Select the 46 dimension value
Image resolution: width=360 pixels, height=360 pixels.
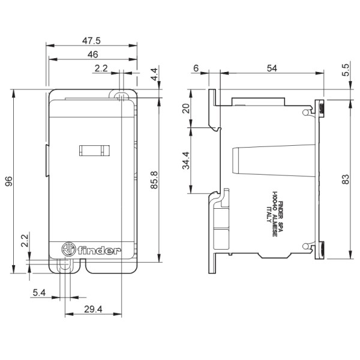tap(92, 55)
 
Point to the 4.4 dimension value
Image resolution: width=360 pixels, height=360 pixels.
tap(154, 75)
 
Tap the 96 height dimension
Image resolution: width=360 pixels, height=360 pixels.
tap(8, 181)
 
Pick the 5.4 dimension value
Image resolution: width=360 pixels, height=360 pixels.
tap(40, 292)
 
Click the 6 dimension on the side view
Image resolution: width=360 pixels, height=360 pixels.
tap(196, 69)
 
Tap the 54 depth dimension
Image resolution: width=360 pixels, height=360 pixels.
tap(272, 69)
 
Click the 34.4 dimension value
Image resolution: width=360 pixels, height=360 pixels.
tap(186, 161)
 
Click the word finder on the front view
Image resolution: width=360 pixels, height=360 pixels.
tap(101, 250)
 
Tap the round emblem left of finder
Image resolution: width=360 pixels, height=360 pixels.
tap(70, 250)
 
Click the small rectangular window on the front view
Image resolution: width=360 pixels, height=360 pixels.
tap(94, 151)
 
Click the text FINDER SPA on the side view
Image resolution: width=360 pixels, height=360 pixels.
tap(281, 213)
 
